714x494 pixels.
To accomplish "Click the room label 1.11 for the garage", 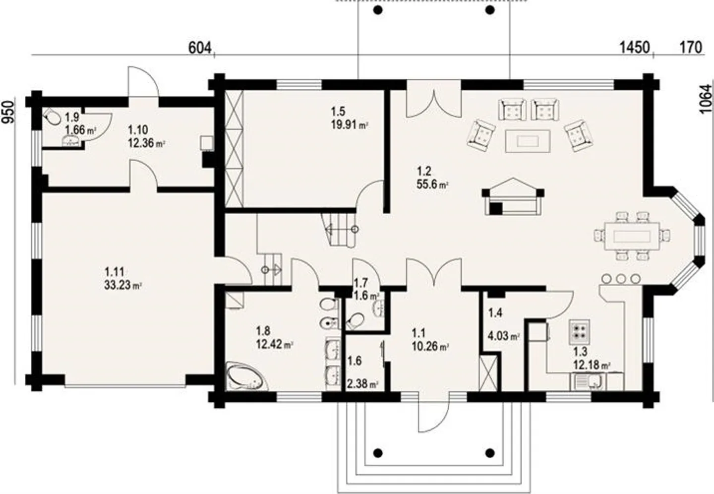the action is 115,272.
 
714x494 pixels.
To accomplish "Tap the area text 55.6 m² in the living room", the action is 432,185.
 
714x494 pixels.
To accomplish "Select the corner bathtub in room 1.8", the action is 247,376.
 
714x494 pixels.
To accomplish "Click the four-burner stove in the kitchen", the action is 579,332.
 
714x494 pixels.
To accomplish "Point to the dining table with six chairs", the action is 632,236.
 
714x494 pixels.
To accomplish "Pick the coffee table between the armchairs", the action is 528,141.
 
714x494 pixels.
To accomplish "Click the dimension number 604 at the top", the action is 200,49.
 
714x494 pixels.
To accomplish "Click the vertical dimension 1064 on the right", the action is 707,98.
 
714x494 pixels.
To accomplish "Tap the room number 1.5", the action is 338,112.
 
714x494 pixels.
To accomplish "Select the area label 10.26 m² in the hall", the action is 430,346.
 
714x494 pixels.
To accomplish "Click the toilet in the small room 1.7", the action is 356,320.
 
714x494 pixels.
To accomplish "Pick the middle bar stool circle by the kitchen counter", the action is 620,279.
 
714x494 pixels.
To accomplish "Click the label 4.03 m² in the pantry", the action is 504,336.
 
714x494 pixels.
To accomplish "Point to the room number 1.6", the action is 355,361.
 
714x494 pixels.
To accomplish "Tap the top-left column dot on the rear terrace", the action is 378,10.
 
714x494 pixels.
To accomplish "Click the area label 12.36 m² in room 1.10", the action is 146,142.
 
